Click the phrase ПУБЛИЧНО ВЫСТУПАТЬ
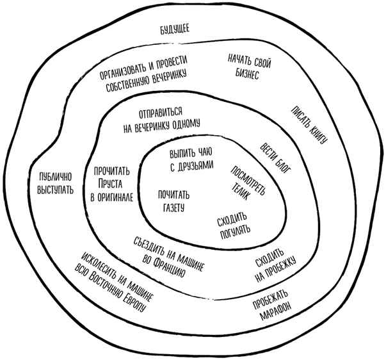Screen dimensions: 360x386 click(x=53, y=184)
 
